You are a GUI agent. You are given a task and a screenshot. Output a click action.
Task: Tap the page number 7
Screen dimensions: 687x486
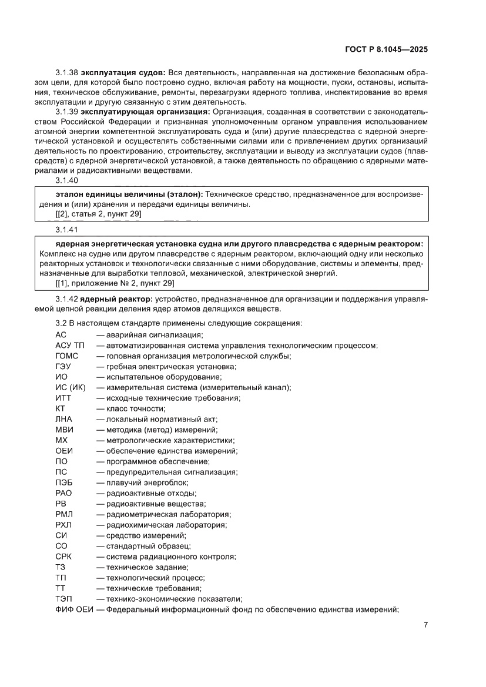click(425, 625)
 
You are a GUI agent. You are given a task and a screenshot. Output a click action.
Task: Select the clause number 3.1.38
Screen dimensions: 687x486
click(67, 72)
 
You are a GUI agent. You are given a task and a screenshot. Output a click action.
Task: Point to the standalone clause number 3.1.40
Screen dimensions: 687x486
click(67, 180)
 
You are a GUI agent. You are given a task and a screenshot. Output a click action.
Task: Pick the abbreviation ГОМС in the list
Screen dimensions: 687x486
click(66, 356)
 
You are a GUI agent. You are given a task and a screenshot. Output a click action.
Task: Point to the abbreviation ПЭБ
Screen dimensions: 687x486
click(64, 482)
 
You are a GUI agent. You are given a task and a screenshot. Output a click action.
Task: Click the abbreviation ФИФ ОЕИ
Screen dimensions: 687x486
click(74, 609)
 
